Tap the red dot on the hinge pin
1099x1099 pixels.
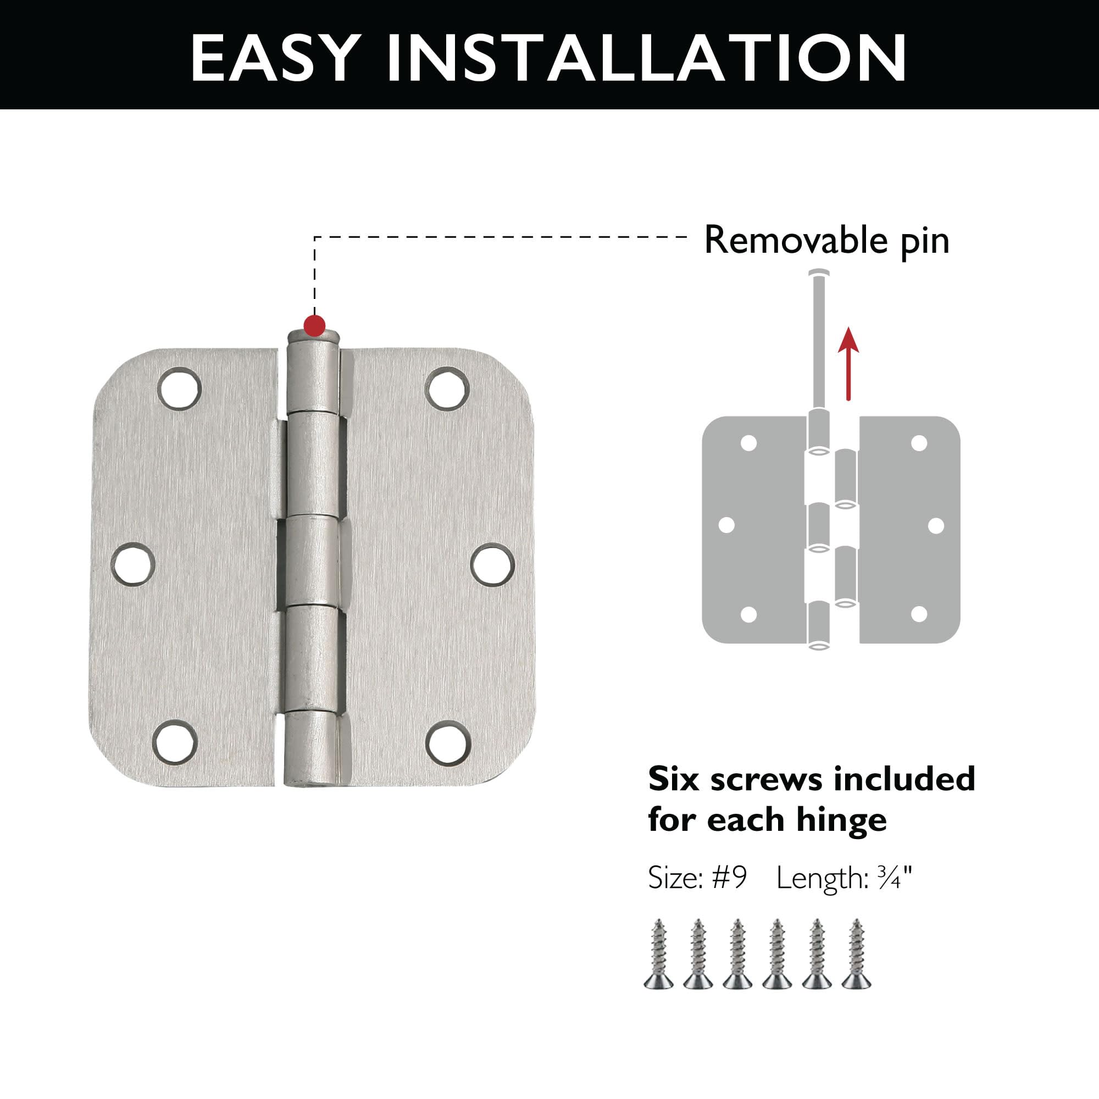(x=314, y=325)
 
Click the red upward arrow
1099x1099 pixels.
(x=848, y=364)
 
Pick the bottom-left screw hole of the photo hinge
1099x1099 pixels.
(x=175, y=742)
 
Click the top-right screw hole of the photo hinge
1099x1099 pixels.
(x=448, y=388)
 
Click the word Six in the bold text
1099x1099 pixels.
(x=674, y=779)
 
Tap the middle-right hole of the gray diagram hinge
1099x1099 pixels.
(x=936, y=526)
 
